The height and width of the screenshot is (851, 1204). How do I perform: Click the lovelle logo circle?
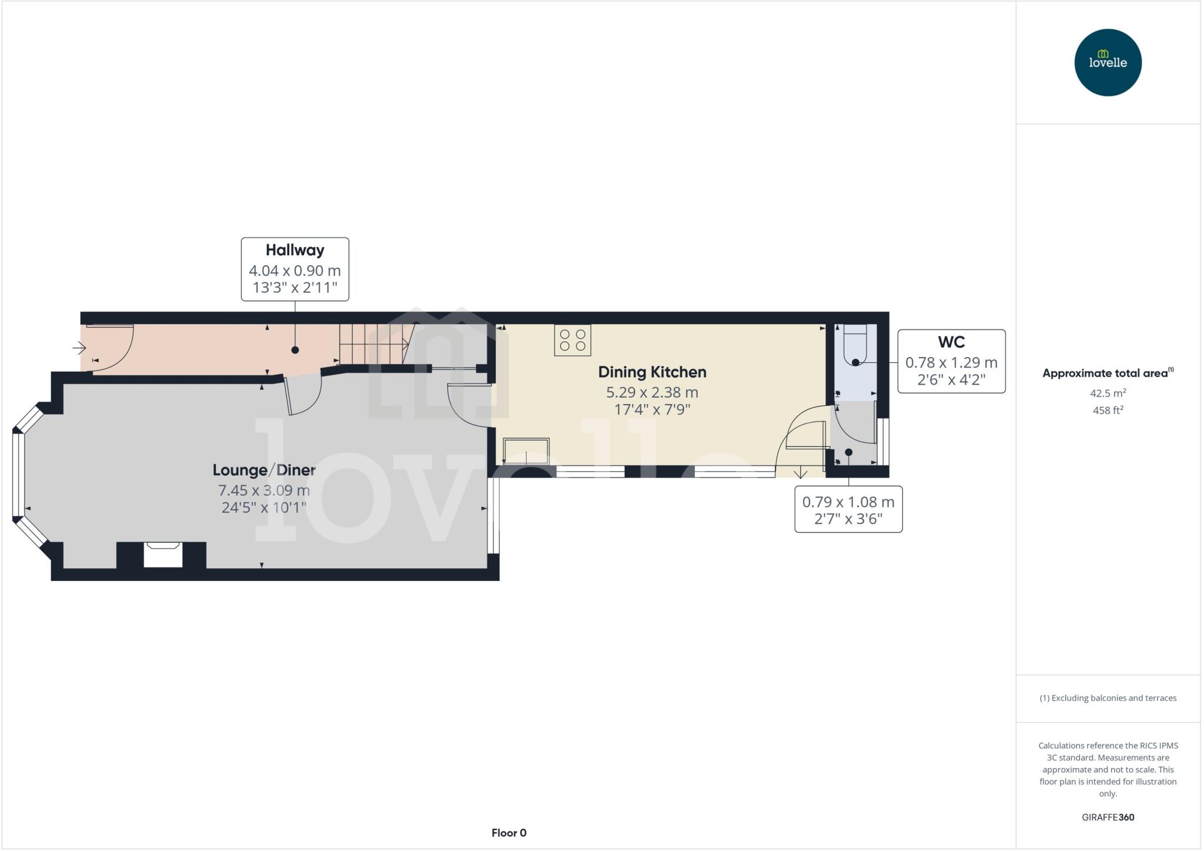point(1108,62)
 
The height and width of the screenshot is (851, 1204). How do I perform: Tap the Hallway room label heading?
point(295,250)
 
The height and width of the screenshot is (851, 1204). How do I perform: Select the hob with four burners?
point(572,340)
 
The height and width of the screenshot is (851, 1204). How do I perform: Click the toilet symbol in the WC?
point(855,347)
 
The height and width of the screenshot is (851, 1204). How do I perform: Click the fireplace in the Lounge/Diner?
point(163,554)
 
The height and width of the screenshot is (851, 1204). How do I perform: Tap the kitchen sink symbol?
point(526,452)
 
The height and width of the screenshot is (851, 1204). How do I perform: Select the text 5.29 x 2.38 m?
point(652,392)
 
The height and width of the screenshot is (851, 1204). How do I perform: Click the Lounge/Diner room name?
point(264,470)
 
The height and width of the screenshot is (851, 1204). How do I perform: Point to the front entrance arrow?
point(79,348)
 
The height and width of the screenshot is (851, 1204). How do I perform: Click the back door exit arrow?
point(800,472)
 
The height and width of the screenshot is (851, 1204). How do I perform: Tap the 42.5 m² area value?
point(1108,393)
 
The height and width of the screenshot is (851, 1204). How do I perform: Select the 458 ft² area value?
point(1108,411)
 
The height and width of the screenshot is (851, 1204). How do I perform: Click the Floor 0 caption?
point(509,833)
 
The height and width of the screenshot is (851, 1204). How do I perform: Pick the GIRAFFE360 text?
point(1108,817)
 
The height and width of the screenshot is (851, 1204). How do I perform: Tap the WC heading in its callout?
point(951,342)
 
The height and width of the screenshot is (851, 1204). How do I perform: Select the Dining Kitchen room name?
point(652,372)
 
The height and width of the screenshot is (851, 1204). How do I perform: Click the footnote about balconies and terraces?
point(1108,698)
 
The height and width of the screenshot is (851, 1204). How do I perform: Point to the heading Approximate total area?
point(1105,373)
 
